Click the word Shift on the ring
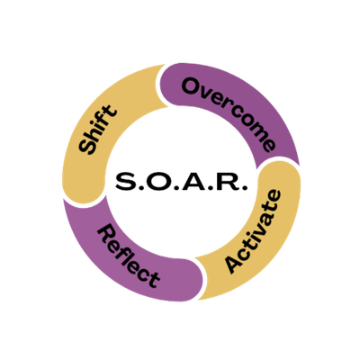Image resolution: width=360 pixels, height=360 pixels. pos(97,130)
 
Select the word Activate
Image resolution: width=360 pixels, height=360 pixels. pos(254,231)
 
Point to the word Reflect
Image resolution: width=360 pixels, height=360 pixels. pos(128,256)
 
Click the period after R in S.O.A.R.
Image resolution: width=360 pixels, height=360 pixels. pos(244,187)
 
